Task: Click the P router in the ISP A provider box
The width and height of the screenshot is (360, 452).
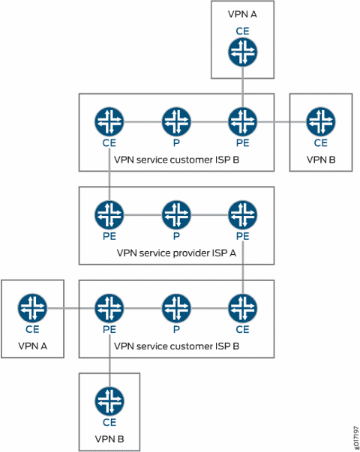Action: coord(175,215)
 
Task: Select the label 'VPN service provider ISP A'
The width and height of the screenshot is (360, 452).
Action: coord(176,253)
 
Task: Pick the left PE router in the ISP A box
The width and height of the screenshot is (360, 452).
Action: coord(109,215)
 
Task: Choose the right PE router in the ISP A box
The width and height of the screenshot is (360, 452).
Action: coord(242,215)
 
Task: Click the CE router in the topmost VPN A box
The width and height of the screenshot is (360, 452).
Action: coord(242,52)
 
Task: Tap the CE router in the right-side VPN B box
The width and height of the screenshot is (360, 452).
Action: coord(320,121)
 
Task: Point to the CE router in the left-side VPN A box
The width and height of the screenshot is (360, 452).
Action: coord(32,307)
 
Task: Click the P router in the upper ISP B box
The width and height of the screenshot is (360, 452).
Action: coord(175,121)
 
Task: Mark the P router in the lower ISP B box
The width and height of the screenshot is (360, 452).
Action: coord(175,307)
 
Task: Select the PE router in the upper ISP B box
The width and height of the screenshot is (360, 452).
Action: coord(242,121)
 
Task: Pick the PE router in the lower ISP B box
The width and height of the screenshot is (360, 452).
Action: coord(109,307)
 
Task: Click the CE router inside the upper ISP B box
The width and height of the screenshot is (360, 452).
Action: coord(109,121)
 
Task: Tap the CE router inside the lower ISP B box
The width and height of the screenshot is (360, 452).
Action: coord(242,307)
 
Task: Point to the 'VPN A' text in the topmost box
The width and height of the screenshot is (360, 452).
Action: coord(242,14)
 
